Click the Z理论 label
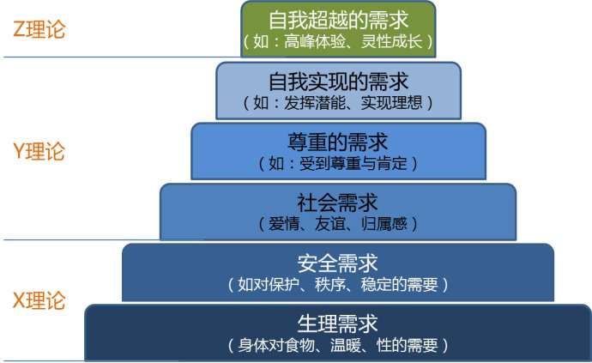(39, 29)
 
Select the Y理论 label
(39, 152)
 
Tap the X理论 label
(39, 300)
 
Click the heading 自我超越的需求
(338, 20)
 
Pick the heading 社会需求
(338, 203)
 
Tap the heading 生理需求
(338, 324)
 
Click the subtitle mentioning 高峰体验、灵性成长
(338, 41)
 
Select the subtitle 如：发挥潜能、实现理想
(338, 102)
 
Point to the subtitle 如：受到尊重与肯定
(338, 162)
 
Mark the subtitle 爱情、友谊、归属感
(338, 224)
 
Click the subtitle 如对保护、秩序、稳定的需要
(338, 284)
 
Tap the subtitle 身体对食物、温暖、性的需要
(338, 346)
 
